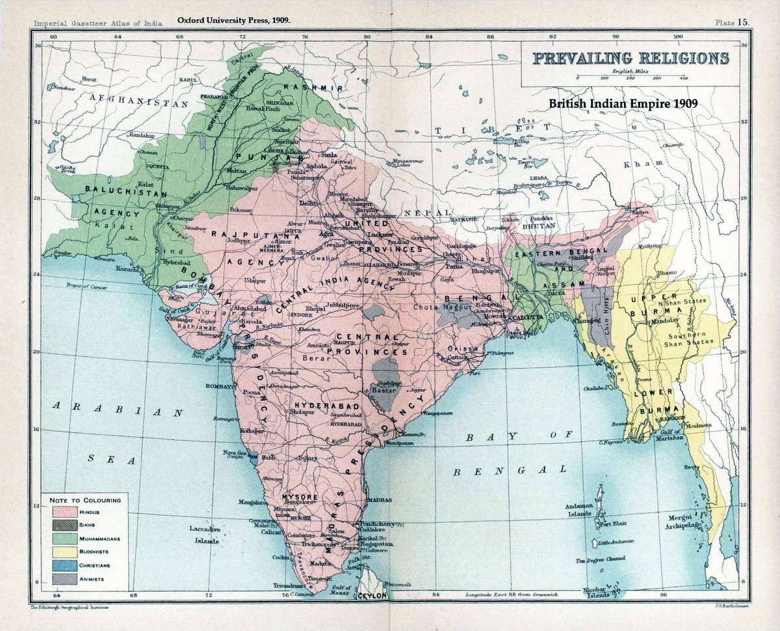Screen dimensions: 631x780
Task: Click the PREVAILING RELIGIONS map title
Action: [x=630, y=58]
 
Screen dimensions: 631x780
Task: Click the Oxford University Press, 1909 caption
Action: [x=233, y=20]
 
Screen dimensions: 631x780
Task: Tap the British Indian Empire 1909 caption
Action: [x=623, y=103]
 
